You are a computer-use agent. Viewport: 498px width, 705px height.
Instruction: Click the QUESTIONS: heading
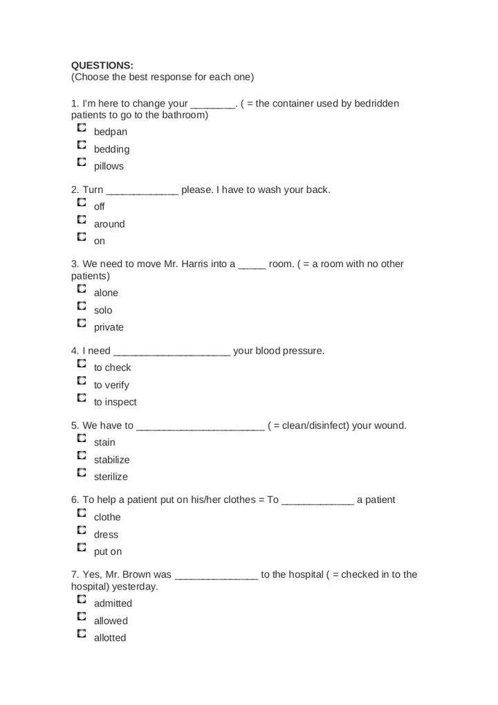(102, 65)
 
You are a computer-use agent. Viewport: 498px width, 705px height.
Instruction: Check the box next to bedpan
(82, 128)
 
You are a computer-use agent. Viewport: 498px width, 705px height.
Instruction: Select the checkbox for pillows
(82, 163)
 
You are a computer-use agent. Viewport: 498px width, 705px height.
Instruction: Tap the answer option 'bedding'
(111, 149)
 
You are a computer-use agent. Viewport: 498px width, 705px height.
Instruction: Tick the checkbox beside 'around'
(82, 220)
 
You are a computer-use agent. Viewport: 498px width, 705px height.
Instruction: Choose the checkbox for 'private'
(82, 323)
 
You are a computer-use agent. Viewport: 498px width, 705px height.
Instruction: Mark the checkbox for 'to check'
(82, 363)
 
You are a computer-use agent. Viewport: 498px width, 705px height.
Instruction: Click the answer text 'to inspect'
(115, 402)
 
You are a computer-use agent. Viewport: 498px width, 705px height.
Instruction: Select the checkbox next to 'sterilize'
(82, 473)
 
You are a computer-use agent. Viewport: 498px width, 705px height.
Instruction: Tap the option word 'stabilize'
(111, 459)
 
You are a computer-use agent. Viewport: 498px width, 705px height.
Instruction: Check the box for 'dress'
(82, 531)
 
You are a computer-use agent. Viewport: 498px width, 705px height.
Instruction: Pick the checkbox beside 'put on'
(82, 548)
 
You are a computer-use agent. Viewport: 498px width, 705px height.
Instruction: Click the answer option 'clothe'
(107, 517)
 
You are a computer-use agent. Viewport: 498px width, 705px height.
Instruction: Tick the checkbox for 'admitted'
(82, 599)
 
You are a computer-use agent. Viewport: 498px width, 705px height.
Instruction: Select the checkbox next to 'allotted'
(82, 634)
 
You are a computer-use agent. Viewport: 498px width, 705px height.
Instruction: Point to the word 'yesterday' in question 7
(135, 586)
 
